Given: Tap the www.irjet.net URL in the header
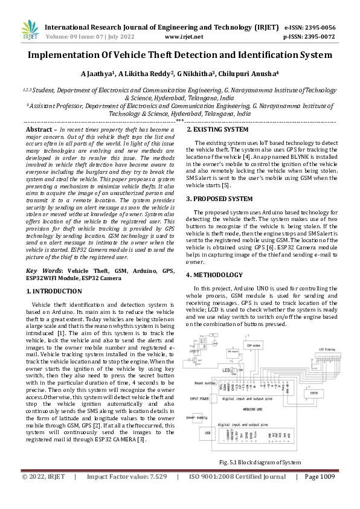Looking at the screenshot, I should pos(184,37).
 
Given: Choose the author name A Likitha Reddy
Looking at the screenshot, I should pos(146,74).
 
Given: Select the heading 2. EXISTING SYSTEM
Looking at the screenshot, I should pos(217,130).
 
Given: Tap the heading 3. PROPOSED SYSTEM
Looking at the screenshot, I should pos(219,198).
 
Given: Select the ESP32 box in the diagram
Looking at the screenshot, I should pos(314,392).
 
